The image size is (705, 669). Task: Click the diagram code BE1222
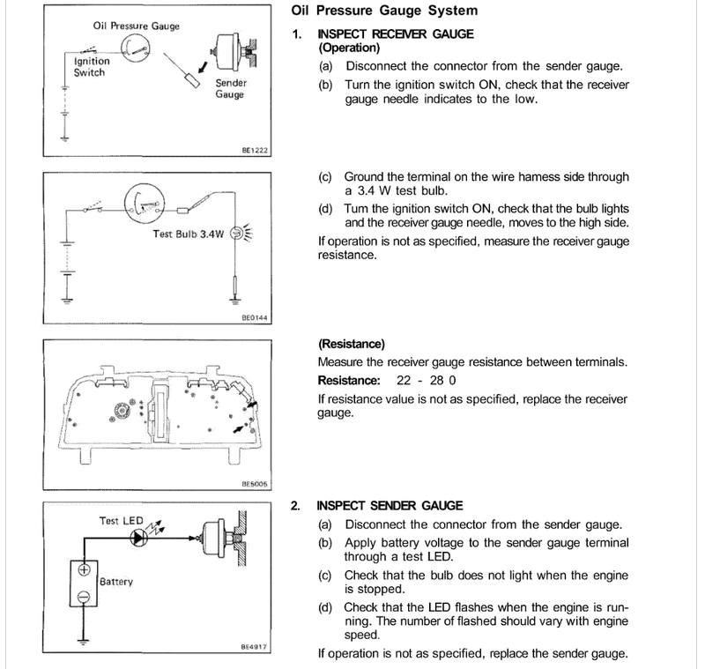tap(254, 151)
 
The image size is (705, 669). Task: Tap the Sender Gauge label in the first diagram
tap(231, 88)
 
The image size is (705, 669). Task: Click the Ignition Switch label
tap(90, 67)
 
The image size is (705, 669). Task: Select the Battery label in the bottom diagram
tap(116, 583)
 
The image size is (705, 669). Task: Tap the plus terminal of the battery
tap(85, 569)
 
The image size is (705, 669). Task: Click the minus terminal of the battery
tap(85, 598)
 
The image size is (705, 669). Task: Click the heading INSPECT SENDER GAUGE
tap(390, 506)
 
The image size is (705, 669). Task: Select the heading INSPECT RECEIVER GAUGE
tap(395, 33)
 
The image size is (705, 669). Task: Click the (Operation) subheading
tap(348, 48)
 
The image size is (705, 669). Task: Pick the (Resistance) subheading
tap(351, 345)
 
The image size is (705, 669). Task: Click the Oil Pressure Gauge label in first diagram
tap(136, 26)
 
